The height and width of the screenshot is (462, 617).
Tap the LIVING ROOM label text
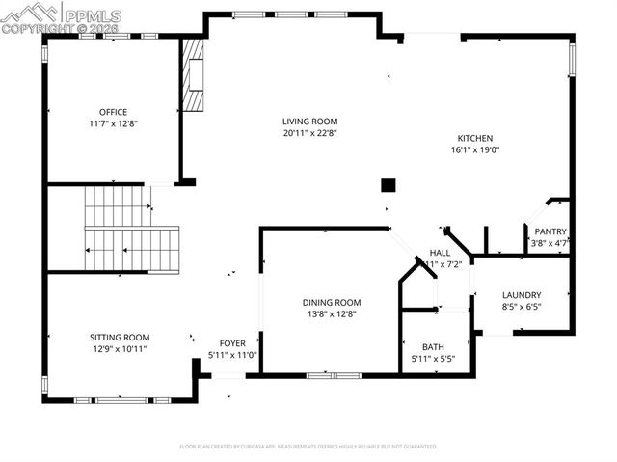308,122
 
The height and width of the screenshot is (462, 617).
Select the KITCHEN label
475,138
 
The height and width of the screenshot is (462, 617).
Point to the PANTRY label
550,231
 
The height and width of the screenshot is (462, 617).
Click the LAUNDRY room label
522,295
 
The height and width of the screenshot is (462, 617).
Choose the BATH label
433,347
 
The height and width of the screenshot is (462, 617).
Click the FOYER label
232,343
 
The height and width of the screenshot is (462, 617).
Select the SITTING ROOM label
120,337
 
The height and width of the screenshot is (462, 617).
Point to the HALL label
440,253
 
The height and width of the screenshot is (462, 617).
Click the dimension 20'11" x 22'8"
308,133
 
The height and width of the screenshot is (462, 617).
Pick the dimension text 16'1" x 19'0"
475,149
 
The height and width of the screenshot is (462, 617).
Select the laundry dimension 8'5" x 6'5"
522,307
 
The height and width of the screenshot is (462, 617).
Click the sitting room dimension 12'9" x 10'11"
120,348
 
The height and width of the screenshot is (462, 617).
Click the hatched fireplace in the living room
195,77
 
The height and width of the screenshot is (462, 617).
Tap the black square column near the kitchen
389,185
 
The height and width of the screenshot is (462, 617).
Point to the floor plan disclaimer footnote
308,447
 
